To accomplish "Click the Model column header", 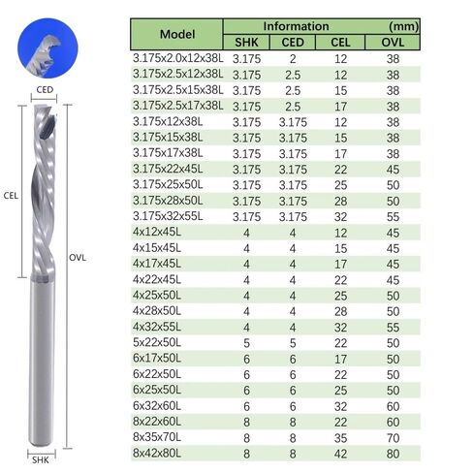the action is pyautogui.click(x=177, y=34).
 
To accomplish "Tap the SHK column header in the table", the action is pyautogui.click(x=246, y=43).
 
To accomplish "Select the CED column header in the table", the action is pyautogui.click(x=293, y=43).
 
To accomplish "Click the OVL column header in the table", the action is pyautogui.click(x=393, y=43).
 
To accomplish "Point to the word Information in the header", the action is pyautogui.click(x=296, y=26).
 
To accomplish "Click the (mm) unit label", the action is pyautogui.click(x=404, y=26).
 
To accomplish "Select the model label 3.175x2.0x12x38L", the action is pyautogui.click(x=178, y=58).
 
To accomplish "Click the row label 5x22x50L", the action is pyautogui.click(x=157, y=342).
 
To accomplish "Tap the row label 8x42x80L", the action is pyautogui.click(x=157, y=453).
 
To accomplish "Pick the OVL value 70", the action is pyautogui.click(x=393, y=438).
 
